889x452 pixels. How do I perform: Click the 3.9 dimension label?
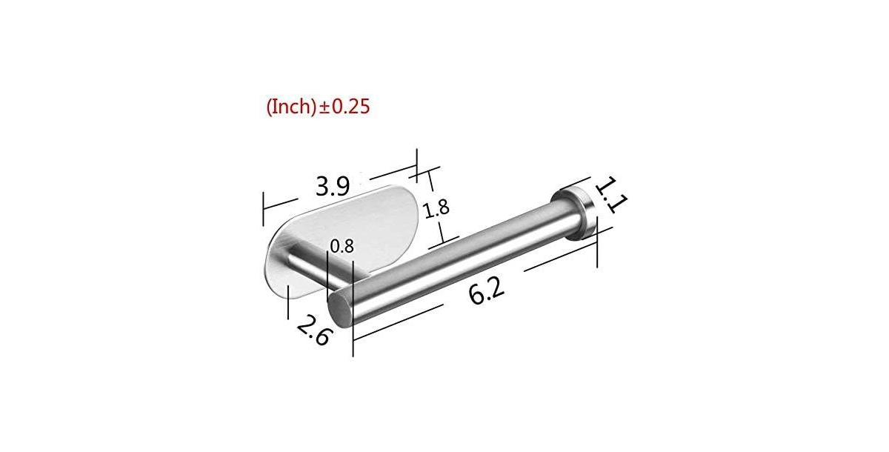[x=332, y=185]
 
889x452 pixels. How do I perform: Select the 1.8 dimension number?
[x=436, y=209]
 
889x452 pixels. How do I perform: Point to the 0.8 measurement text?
[x=342, y=247]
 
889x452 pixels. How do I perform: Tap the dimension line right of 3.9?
[x=385, y=170]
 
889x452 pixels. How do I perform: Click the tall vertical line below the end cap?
[x=596, y=248]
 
